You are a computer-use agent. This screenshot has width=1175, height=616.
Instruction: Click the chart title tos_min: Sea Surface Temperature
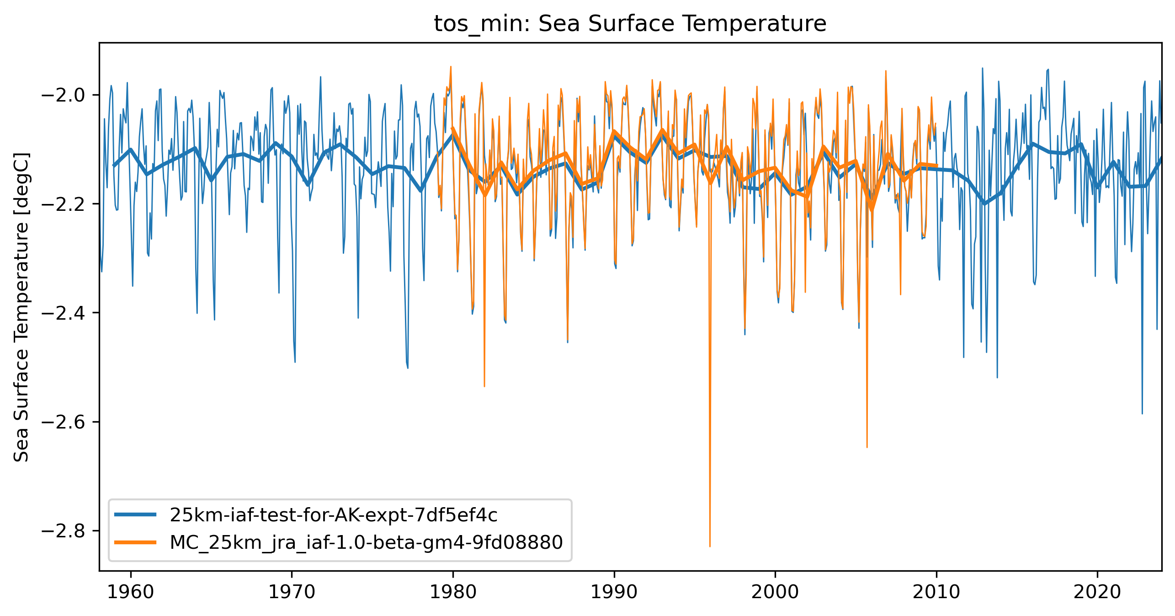click(630, 24)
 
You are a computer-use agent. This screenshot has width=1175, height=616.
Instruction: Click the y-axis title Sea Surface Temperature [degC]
click(21, 307)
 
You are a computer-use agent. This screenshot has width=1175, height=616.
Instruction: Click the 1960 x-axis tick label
click(131, 592)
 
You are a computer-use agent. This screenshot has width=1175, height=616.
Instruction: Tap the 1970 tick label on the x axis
click(292, 592)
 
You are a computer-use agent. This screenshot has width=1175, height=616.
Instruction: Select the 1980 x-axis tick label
click(453, 592)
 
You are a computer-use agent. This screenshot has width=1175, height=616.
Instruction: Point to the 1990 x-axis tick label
click(614, 592)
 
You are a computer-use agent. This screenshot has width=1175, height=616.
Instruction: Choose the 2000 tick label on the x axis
click(775, 592)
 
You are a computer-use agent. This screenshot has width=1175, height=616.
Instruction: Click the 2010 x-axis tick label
click(936, 592)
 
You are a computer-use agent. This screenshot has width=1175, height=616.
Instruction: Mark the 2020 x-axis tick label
click(1097, 592)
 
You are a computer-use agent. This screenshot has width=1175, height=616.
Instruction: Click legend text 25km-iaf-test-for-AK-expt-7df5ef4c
click(333, 515)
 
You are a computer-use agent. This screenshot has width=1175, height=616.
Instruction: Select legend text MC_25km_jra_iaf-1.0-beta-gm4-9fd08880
click(366, 542)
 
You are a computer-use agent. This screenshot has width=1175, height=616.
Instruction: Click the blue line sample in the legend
click(135, 515)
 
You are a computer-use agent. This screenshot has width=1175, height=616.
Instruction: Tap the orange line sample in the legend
click(135, 542)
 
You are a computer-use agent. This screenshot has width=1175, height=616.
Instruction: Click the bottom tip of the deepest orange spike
click(710, 546)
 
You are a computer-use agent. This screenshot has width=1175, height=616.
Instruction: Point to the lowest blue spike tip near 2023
click(1142, 413)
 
